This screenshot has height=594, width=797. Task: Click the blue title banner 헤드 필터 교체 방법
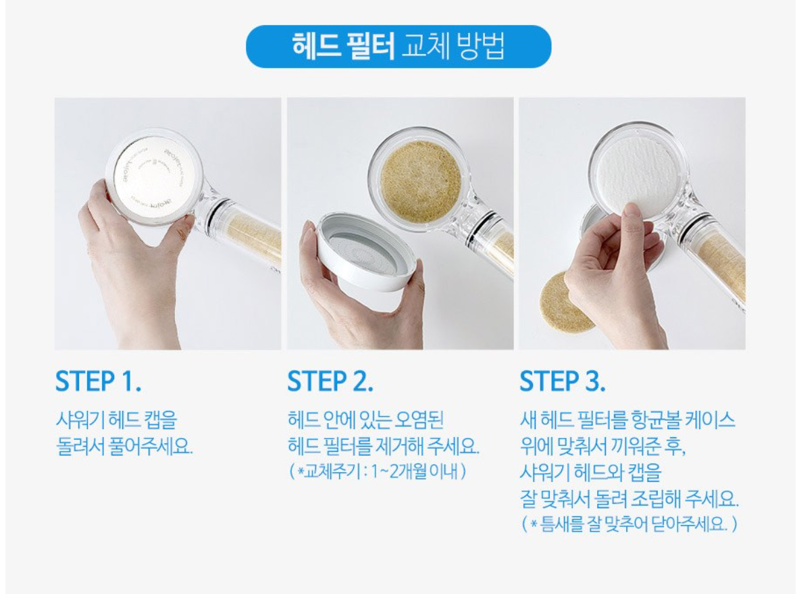click(398, 47)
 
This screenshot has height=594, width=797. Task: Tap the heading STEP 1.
click(98, 381)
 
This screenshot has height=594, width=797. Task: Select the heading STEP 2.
click(330, 381)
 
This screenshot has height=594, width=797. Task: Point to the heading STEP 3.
click(563, 381)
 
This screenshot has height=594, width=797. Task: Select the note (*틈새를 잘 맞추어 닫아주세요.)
click(629, 524)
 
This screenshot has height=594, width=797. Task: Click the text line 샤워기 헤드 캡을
click(115, 421)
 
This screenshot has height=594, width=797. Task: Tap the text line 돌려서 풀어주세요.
click(124, 446)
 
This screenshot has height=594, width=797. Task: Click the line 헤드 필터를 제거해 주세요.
click(383, 446)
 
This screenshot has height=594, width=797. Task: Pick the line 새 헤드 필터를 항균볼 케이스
click(627, 421)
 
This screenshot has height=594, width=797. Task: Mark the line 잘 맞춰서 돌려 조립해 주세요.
click(629, 500)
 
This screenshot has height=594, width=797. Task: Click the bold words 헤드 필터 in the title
click(344, 47)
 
